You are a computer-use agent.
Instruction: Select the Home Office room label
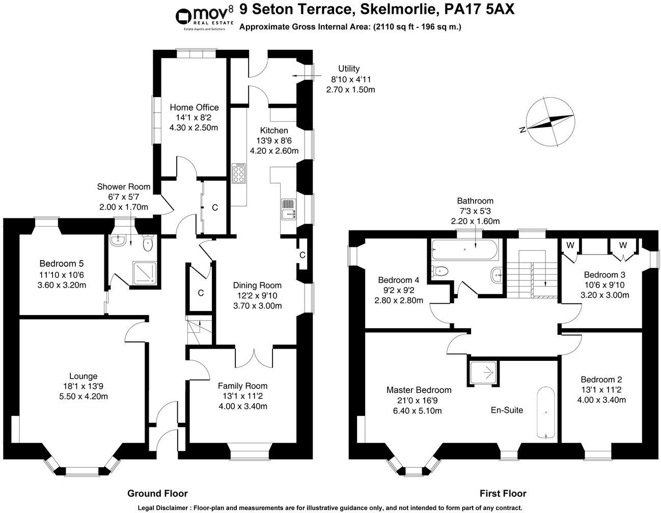tap(194, 107)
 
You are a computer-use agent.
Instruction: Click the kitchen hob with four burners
tap(238, 173)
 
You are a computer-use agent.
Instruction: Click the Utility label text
tap(349, 69)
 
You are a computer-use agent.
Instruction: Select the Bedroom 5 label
tap(62, 264)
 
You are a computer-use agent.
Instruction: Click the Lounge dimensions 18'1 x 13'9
tap(84, 386)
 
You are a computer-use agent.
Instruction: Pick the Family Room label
tap(242, 386)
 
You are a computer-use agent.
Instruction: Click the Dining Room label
tap(257, 286)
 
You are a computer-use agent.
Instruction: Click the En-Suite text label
tap(507, 410)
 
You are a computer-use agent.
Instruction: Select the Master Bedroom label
tap(419, 390)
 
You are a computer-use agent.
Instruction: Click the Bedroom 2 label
tap(601, 380)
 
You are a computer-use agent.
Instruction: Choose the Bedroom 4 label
tap(399, 280)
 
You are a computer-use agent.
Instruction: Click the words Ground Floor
tap(157, 493)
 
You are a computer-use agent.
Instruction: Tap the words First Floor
tap(503, 493)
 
